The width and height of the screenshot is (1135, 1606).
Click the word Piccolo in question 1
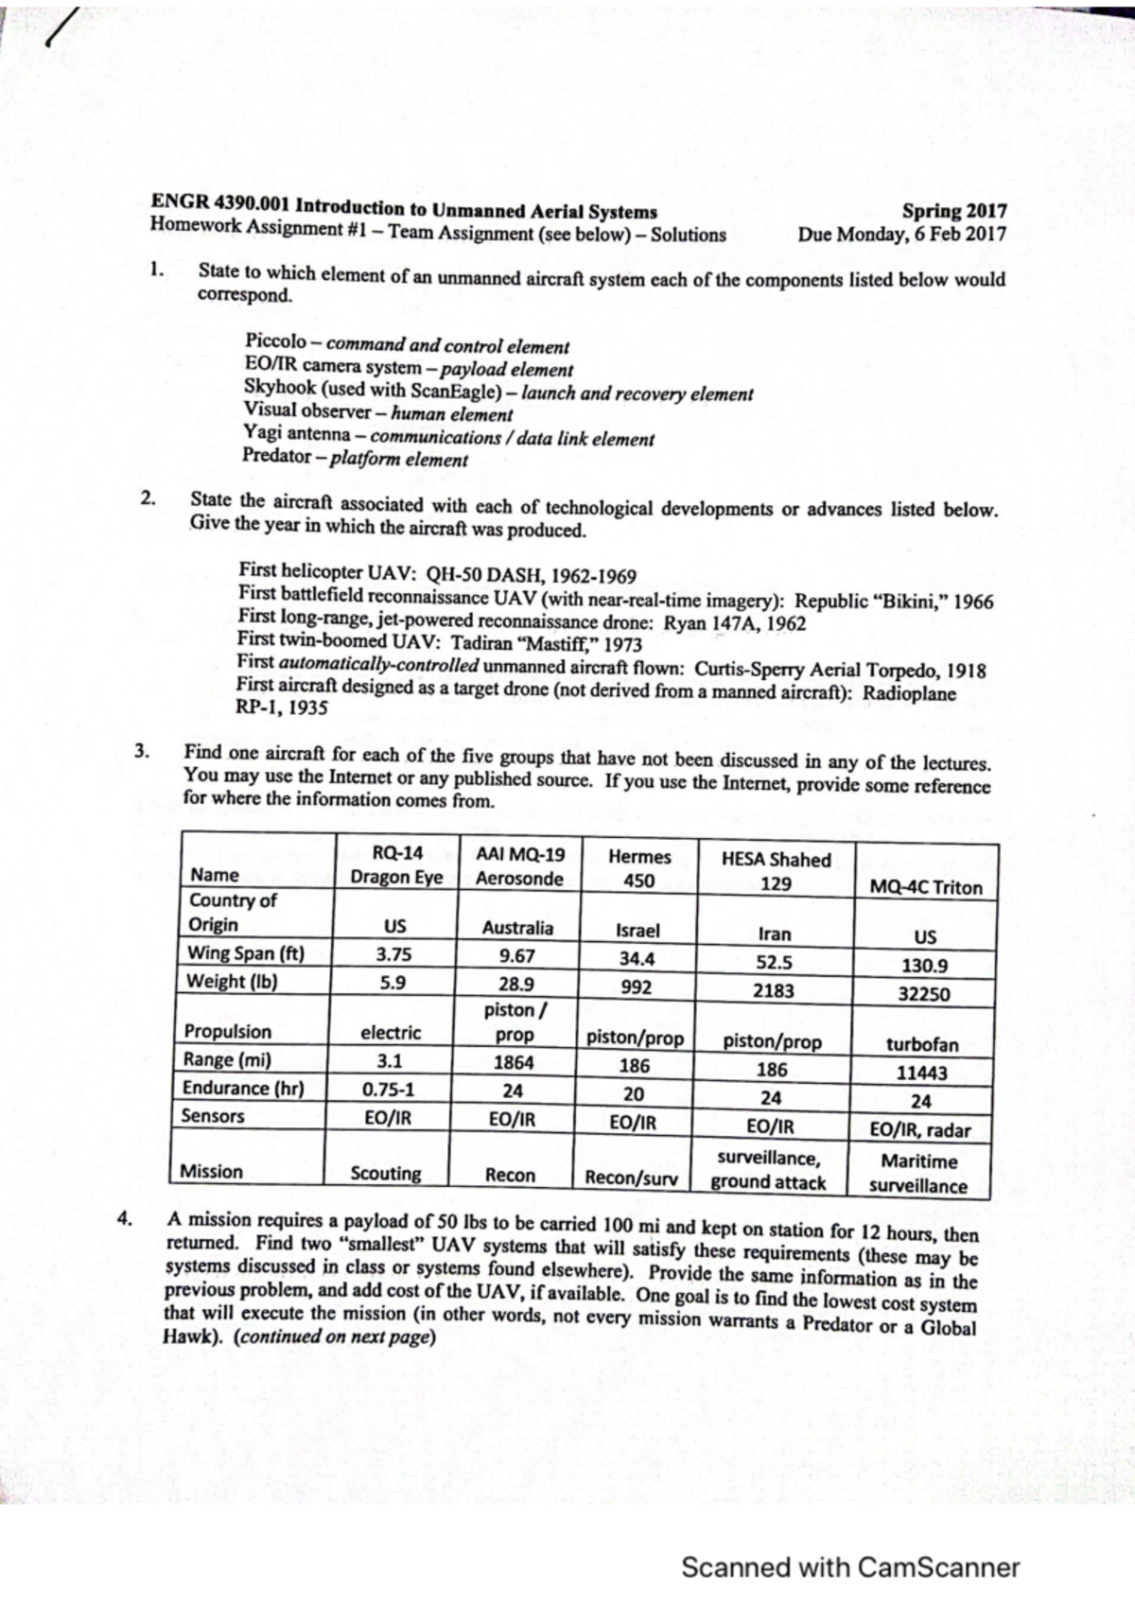point(275,340)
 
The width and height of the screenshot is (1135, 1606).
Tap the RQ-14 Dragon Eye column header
point(396,864)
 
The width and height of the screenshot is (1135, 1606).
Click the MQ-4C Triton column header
point(925,887)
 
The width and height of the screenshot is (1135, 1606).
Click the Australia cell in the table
point(517,928)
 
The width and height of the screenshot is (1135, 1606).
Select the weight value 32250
point(923,994)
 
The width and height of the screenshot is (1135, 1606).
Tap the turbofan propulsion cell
point(922,1045)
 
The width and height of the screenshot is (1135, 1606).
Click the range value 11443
point(922,1073)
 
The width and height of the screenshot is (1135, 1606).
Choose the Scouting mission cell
point(386,1174)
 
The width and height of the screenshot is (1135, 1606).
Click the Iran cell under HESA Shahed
point(774,934)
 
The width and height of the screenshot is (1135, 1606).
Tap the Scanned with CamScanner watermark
point(849,1567)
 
